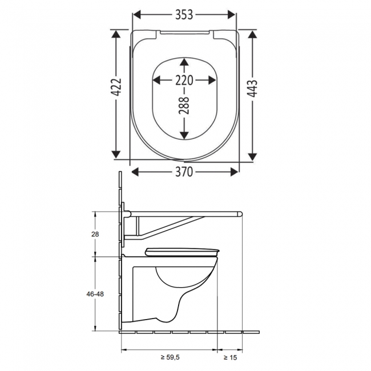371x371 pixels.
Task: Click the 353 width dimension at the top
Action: pyautogui.click(x=184, y=15)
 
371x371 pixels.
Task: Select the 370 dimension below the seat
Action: pyautogui.click(x=184, y=172)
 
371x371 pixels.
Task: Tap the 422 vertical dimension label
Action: pyautogui.click(x=116, y=87)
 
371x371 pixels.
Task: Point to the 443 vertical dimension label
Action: pyautogui.click(x=252, y=88)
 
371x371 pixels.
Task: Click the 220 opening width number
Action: pyautogui.click(x=184, y=80)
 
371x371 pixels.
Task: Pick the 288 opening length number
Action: pyautogui.click(x=184, y=105)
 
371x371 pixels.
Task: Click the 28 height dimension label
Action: pyautogui.click(x=95, y=234)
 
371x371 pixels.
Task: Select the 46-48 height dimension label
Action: pyautogui.click(x=95, y=294)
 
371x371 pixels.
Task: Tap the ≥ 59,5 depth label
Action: pyautogui.click(x=170, y=357)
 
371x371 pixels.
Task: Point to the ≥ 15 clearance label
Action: pyautogui.click(x=230, y=357)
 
